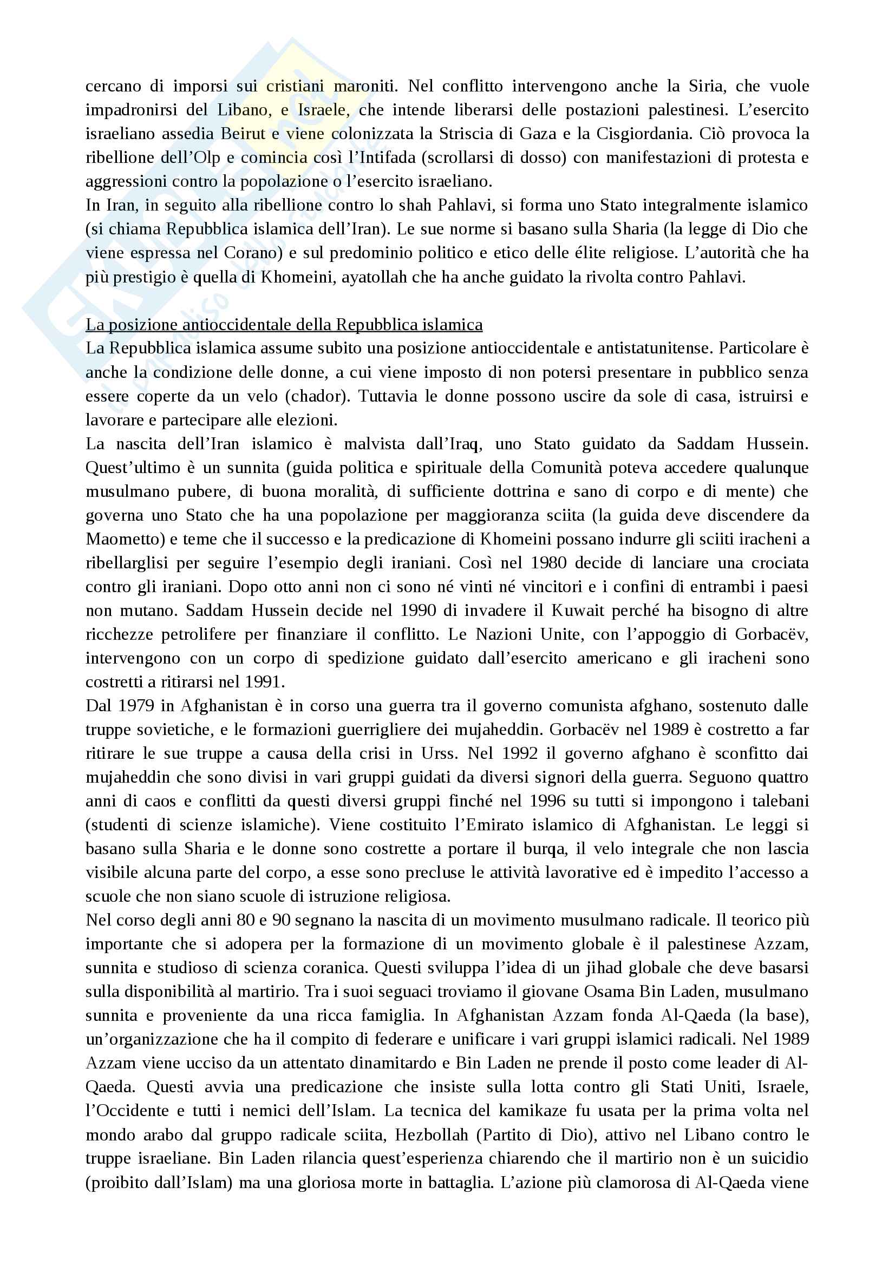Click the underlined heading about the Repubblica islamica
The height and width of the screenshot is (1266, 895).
[284, 325]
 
